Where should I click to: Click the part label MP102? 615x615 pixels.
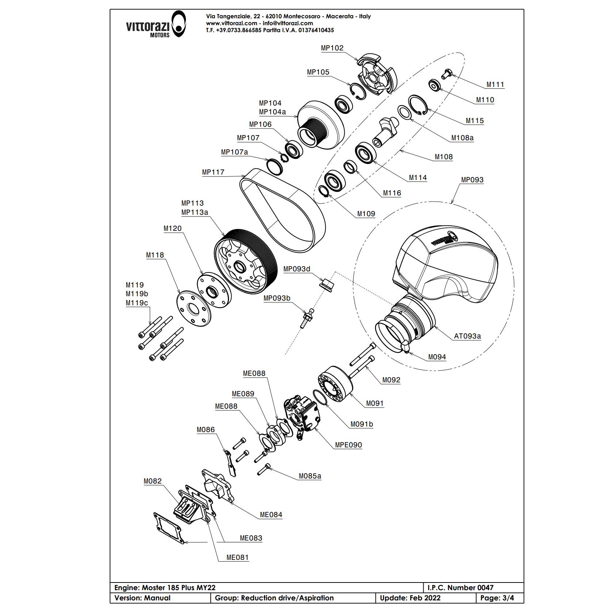(x=332, y=48)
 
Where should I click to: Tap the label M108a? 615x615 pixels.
(x=462, y=138)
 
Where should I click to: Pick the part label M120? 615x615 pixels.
(x=172, y=229)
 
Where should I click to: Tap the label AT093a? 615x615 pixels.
(x=467, y=336)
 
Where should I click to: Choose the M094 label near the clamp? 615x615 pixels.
(x=437, y=357)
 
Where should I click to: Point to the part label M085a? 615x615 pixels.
(x=310, y=476)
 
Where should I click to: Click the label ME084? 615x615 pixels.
(x=271, y=515)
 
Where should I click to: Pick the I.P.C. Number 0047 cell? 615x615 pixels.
(x=460, y=588)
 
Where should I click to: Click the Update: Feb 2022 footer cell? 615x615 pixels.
(x=410, y=598)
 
